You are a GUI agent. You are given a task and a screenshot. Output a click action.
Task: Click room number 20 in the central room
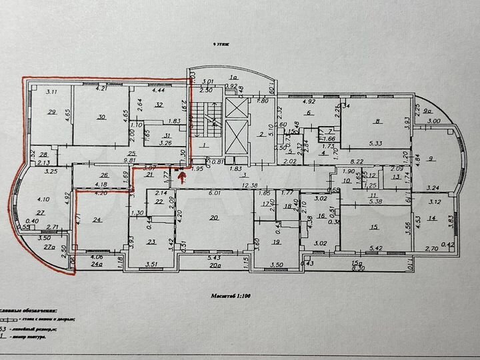[213, 217]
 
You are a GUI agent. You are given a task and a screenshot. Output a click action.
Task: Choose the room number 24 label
[97, 220]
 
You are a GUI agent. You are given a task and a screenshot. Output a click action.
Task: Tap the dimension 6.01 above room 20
[215, 193]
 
